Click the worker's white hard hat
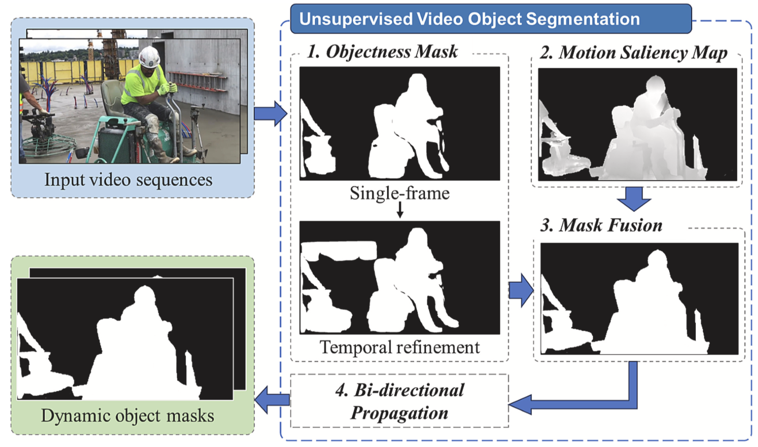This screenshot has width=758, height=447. [x=149, y=56]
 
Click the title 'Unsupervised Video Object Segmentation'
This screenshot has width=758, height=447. [x=469, y=19]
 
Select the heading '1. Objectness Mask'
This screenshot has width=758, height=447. [x=382, y=52]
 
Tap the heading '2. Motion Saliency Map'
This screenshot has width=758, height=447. [x=633, y=53]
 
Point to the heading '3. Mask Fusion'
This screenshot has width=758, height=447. [x=601, y=225]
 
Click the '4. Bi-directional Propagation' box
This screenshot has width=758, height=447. [x=399, y=401]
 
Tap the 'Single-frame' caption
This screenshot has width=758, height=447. [x=399, y=193]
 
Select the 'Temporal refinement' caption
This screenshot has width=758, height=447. [x=399, y=347]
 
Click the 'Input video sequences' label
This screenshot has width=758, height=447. [x=128, y=180]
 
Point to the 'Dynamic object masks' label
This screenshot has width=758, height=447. [x=128, y=416]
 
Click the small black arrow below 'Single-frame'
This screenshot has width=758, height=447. [x=400, y=210]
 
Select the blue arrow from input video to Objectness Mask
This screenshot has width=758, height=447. [x=270, y=113]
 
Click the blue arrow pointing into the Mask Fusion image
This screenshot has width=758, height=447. [x=521, y=290]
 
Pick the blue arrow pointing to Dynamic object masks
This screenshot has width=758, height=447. [x=272, y=400]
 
